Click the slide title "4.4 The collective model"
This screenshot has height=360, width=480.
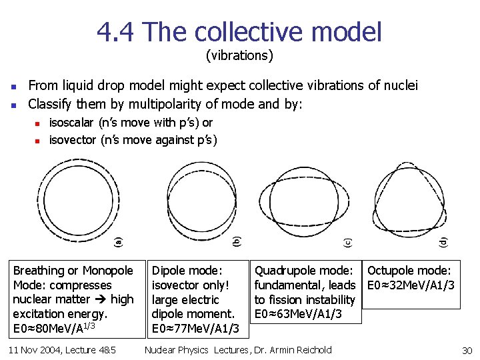239,31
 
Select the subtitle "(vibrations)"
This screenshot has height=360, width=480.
239,55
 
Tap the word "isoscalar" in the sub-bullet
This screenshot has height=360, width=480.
72,123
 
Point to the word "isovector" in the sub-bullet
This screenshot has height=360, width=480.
73,140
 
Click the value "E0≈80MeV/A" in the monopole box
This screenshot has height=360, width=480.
48,329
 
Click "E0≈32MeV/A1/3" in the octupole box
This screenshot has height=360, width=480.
411,285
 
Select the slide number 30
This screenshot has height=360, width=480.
467,351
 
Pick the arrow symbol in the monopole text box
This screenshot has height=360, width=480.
102,300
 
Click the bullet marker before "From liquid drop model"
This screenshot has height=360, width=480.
13,86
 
